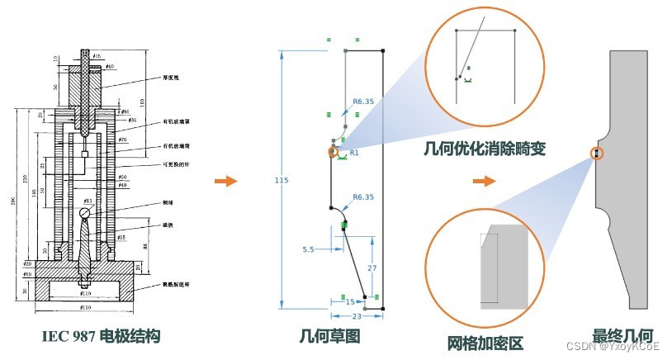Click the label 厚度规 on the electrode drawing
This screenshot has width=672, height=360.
171,79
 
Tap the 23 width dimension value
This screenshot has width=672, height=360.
357,315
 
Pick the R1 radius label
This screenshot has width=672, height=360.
353,154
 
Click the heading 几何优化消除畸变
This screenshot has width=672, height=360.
484,149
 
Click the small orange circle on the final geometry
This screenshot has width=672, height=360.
594,154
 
